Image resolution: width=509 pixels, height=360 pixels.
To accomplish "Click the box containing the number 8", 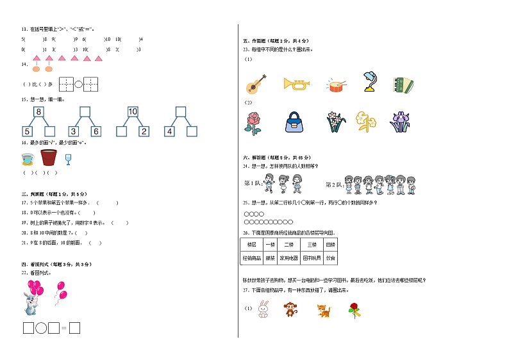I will pyautogui.click(x=38, y=112).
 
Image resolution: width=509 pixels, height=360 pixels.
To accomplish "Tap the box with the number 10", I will pyautogui.click(x=133, y=112).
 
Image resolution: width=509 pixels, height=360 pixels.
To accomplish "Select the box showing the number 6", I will pyautogui.click(x=96, y=132).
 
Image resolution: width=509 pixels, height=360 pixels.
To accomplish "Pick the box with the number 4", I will pyautogui.click(x=169, y=132).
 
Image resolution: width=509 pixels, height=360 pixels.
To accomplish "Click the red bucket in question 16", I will pyautogui.click(x=49, y=157).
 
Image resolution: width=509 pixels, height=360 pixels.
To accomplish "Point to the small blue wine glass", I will pyautogui.click(x=68, y=159).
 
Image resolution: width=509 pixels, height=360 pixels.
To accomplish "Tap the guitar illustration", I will pyautogui.click(x=254, y=83).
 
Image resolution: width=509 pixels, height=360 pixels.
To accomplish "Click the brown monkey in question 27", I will pyautogui.click(x=291, y=311).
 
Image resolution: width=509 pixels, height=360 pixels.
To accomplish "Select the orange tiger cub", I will pyautogui.click(x=323, y=311).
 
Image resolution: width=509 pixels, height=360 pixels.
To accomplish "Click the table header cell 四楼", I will pyautogui.click(x=330, y=245).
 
